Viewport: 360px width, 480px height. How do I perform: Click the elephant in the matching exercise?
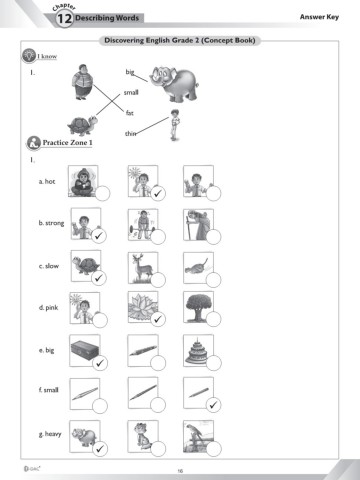point(174,84)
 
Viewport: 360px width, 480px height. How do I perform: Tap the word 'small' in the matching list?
point(131,92)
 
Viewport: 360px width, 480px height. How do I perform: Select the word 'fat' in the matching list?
point(130,113)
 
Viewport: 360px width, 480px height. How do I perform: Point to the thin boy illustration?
point(175,125)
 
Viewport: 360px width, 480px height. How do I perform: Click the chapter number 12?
point(64,19)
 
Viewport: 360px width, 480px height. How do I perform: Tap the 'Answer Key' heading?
point(319,17)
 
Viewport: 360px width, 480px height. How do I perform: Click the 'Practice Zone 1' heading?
point(67,143)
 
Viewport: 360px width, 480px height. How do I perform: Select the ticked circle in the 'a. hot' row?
point(158,193)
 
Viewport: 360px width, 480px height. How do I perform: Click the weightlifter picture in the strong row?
point(143,224)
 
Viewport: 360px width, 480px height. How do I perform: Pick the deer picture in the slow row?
point(143,267)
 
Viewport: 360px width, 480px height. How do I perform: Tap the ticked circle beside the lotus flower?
point(158,319)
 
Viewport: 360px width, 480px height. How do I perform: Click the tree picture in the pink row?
point(198,307)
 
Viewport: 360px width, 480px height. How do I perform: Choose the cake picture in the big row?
point(198,350)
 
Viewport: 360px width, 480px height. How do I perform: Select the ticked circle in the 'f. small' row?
point(213,405)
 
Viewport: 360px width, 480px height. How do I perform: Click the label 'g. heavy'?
point(50,434)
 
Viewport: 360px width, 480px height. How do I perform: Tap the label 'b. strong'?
point(51,223)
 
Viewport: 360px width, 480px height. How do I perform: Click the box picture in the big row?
point(85,350)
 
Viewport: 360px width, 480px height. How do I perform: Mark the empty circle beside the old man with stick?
point(213,237)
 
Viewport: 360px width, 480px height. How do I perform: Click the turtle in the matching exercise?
point(82,125)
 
